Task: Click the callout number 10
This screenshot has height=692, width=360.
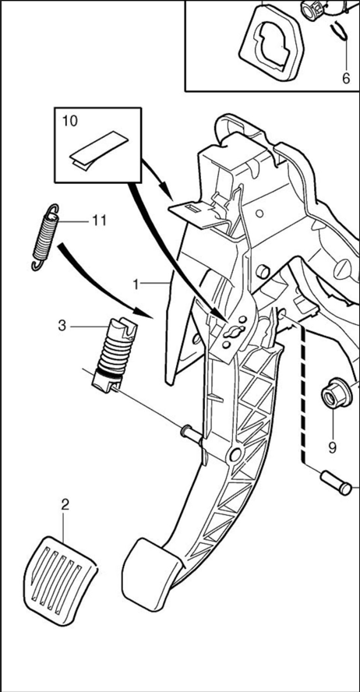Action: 69,121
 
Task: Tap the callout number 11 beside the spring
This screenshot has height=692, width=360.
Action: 100,221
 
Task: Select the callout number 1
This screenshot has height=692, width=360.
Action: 136,284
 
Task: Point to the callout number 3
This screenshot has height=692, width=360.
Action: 62,327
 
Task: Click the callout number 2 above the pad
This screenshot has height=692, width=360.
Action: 65,504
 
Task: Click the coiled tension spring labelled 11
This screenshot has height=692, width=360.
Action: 45,237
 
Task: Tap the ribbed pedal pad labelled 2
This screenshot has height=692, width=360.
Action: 60,580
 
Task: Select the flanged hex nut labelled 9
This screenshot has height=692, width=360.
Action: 336,394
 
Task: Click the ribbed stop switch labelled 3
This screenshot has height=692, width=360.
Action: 115,355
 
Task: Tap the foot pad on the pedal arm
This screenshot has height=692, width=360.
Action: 151,574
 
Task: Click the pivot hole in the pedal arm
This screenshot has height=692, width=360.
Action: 235,454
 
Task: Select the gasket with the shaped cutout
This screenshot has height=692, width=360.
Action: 270,44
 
